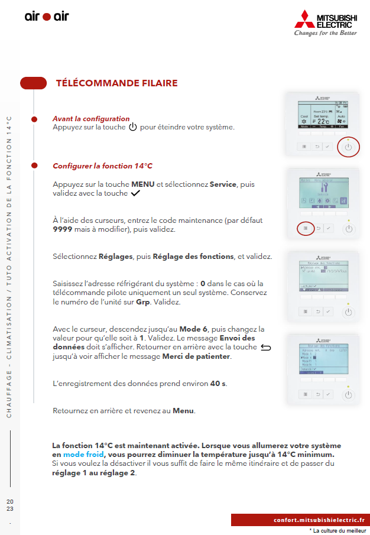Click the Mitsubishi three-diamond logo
tap(306, 19)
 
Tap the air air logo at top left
tap(47, 17)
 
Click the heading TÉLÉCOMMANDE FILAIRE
tap(116, 83)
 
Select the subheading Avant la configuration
tap(91, 119)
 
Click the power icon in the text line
tap(132, 127)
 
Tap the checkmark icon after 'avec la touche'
tap(137, 193)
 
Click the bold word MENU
tap(142, 184)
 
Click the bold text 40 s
tap(218, 384)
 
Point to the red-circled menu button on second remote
tap(304, 228)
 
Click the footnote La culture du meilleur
tap(338, 530)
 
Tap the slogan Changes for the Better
tap(325, 33)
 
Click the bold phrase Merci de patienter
tap(196, 357)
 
